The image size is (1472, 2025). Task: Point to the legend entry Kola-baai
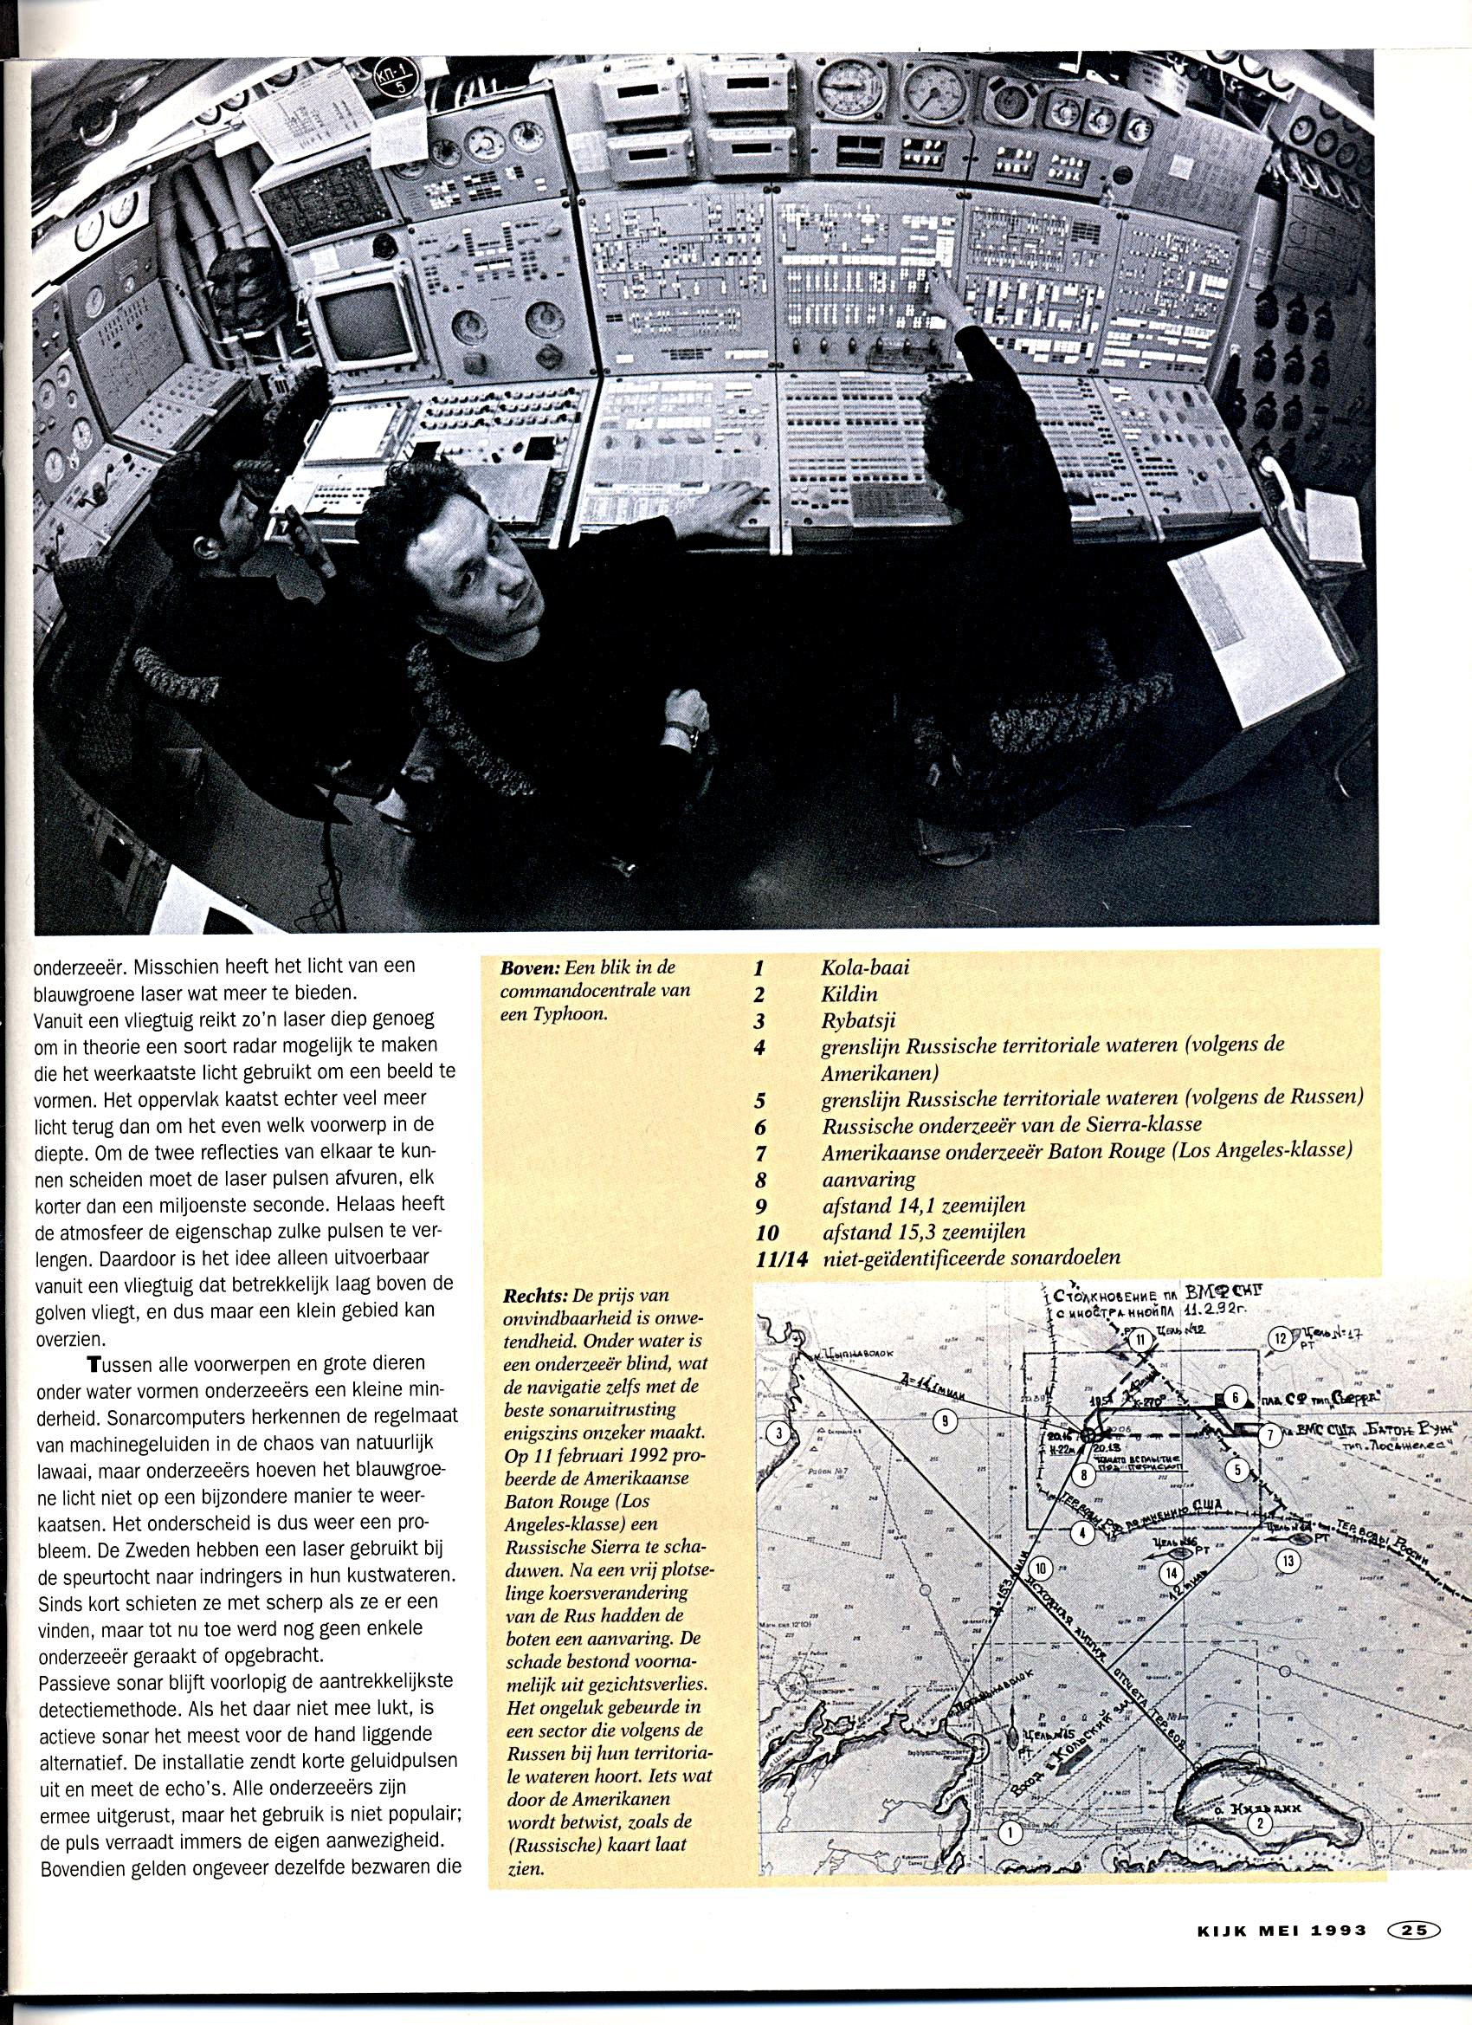coord(864,967)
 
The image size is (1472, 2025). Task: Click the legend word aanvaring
coord(868,1180)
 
